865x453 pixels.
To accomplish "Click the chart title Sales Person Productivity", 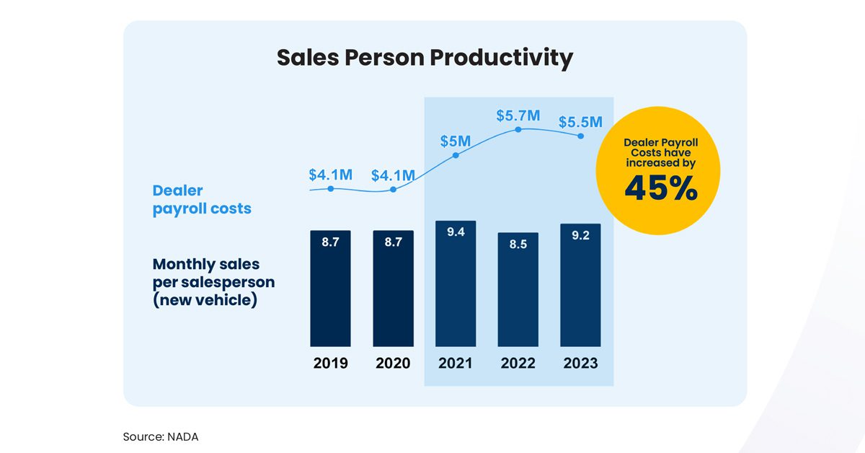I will (425, 58).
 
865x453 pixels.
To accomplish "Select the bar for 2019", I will (330, 289).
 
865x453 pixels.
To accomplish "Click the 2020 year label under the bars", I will (393, 363).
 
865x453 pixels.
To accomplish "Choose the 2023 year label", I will (580, 363).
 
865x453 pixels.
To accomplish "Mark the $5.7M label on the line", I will (518, 115).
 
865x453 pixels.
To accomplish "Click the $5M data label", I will (455, 140).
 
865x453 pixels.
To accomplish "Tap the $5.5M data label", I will (580, 122).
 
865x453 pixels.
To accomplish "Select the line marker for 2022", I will (518, 130).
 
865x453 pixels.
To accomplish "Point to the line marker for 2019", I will (330, 189).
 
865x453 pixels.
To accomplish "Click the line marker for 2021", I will (455, 155).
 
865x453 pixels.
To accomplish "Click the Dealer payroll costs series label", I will (202, 200).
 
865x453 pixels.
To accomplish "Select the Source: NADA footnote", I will (159, 436).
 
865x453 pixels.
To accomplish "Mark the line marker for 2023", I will (580, 136).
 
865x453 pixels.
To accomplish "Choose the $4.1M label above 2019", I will (330, 175).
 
